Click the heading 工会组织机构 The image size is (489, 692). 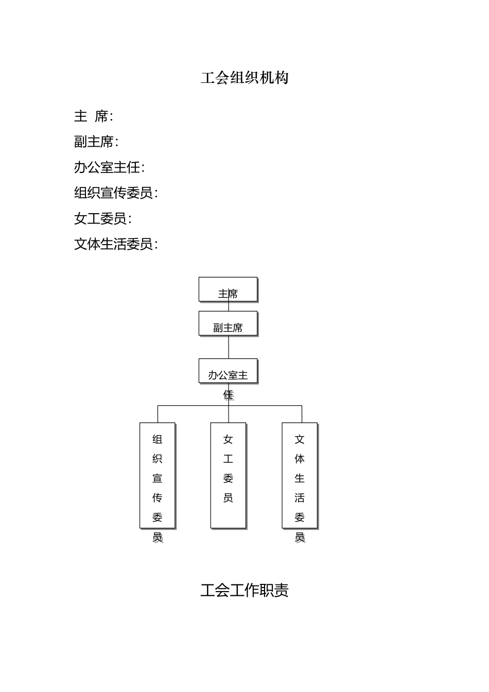pyautogui.click(x=244, y=78)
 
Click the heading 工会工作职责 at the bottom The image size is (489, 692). pyautogui.click(x=244, y=590)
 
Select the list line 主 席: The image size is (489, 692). pyautogui.click(x=94, y=116)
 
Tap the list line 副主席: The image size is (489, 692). pyautogui.click(x=96, y=142)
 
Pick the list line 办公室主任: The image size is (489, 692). pyautogui.click(x=109, y=167)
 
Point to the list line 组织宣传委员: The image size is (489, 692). pyautogui.click(x=116, y=193)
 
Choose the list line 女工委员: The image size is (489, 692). pyautogui.click(x=103, y=219)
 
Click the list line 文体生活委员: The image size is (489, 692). pyautogui.click(x=116, y=244)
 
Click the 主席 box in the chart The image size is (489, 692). pyautogui.click(x=228, y=289)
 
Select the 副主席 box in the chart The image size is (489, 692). pyautogui.click(x=228, y=324)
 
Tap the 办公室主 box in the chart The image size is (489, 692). pyautogui.click(x=228, y=371)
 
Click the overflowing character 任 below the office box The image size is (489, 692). pyautogui.click(x=228, y=395)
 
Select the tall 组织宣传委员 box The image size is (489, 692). pyautogui.click(x=158, y=475)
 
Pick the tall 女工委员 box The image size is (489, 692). pyautogui.click(x=228, y=475)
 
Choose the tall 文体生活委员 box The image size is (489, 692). pyautogui.click(x=300, y=475)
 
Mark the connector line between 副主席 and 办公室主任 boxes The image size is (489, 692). pyautogui.click(x=229, y=348)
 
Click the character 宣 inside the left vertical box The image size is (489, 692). pyautogui.click(x=158, y=478)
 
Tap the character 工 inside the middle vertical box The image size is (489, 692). pyautogui.click(x=228, y=459)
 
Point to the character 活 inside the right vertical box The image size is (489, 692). pyautogui.click(x=300, y=498)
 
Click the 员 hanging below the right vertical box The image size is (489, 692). pyautogui.click(x=300, y=537)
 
